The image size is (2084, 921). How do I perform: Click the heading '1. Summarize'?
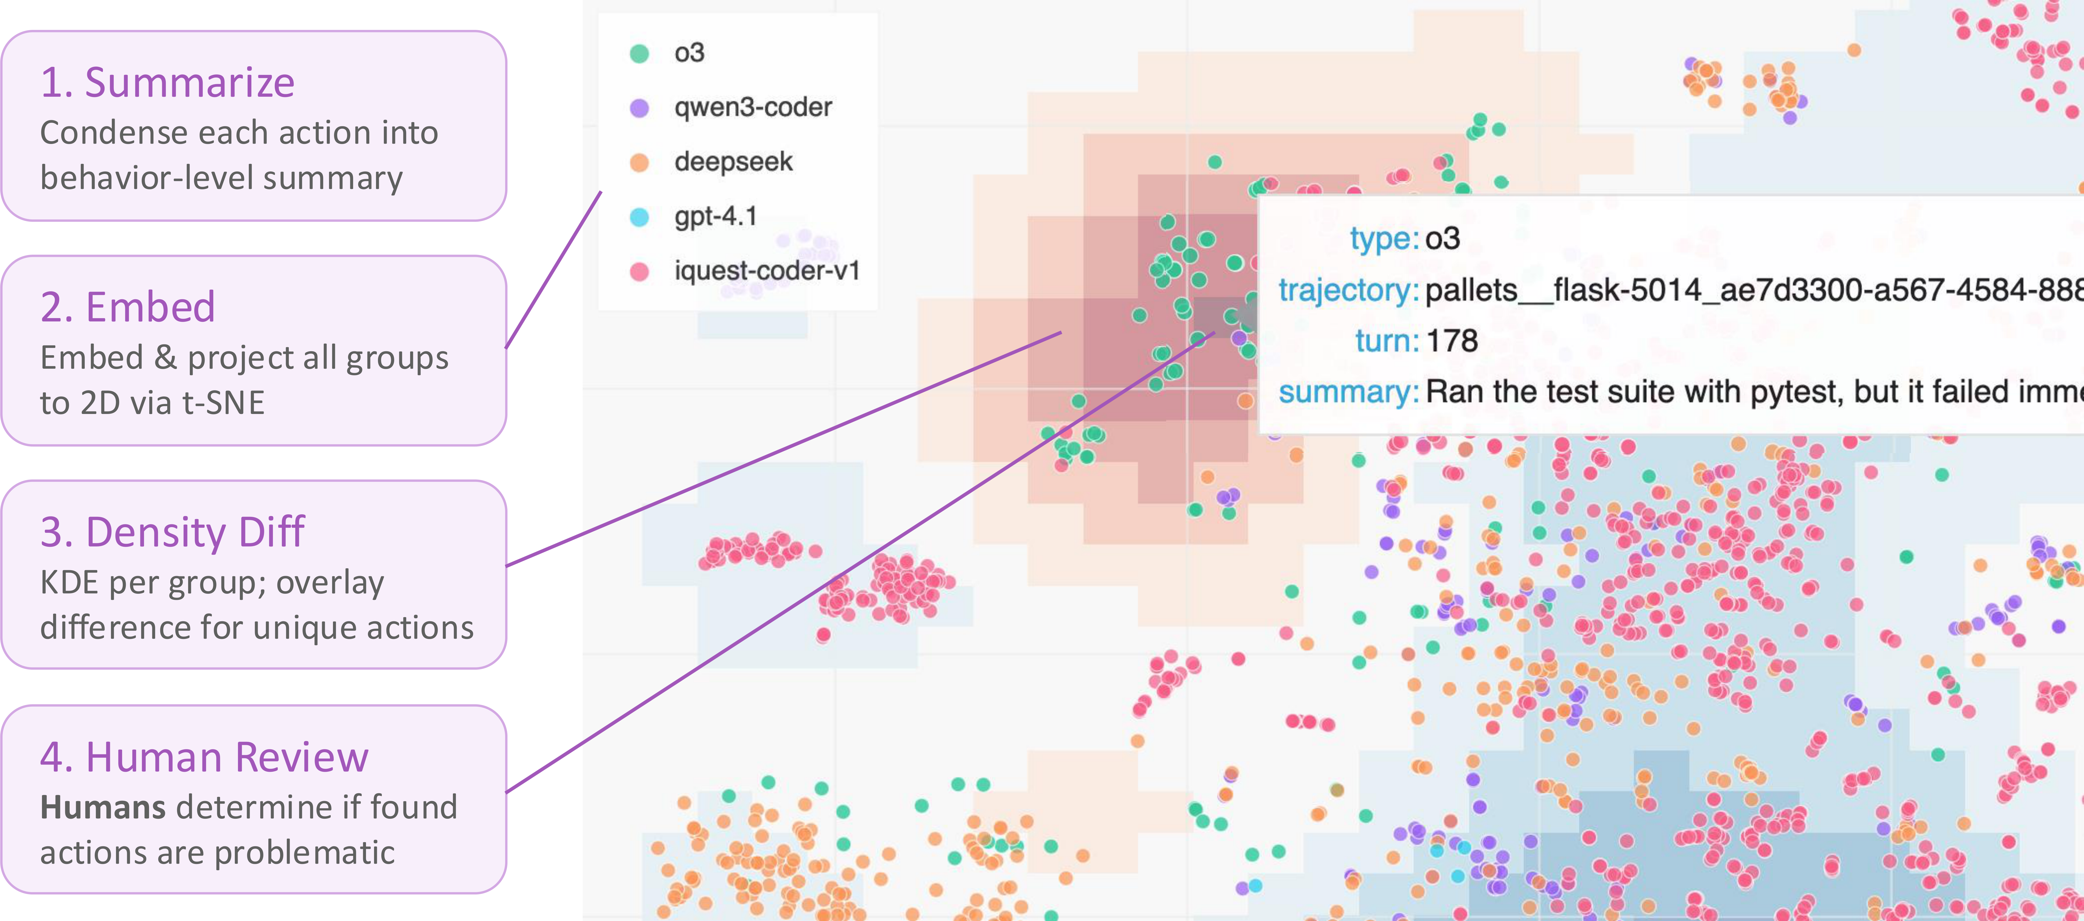[x=167, y=82]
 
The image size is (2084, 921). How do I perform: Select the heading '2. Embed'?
[x=128, y=307]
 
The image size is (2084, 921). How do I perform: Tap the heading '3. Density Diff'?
[x=172, y=532]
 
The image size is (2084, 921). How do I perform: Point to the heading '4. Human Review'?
[x=204, y=758]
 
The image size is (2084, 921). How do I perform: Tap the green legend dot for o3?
[x=639, y=53]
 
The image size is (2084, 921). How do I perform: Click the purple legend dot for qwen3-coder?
[x=639, y=108]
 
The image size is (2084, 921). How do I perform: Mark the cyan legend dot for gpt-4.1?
[x=639, y=217]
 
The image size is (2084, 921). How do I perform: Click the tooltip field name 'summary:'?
[x=1348, y=392]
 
